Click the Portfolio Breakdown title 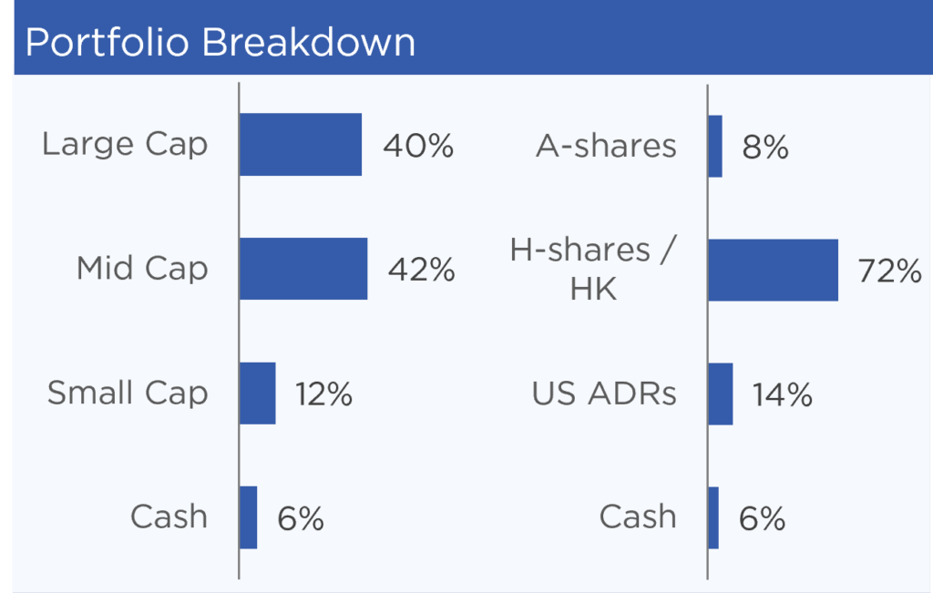tap(220, 42)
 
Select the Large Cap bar tap(301, 145)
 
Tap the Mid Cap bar tap(303, 269)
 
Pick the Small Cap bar tap(258, 394)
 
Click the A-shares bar tap(715, 147)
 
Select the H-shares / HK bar tap(774, 270)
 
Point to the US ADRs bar tap(721, 394)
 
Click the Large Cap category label tap(125, 145)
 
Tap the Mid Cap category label tap(142, 269)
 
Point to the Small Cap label tap(128, 394)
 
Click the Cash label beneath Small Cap tap(169, 516)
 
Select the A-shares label tap(606, 146)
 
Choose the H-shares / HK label tap(594, 269)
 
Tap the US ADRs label tap(604, 394)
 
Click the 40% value tap(418, 147)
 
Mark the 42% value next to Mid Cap tap(421, 270)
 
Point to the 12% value tap(323, 394)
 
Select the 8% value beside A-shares tap(765, 148)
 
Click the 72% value tap(889, 271)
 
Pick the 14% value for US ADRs tap(783, 395)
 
